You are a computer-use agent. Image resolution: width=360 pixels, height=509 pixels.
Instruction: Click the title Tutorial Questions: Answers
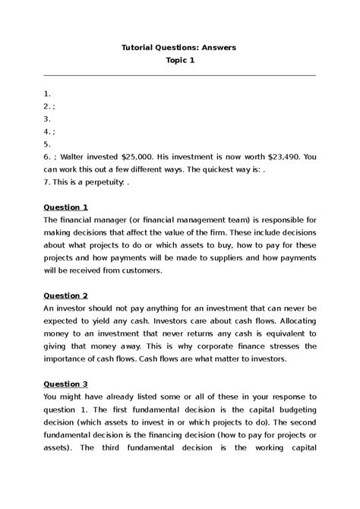[x=179, y=47]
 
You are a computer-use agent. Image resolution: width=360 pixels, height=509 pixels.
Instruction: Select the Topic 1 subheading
[x=180, y=61]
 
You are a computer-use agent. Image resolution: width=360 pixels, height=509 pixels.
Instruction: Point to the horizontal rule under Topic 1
[x=180, y=75]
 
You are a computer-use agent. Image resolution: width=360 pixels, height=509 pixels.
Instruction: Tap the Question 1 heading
[x=66, y=207]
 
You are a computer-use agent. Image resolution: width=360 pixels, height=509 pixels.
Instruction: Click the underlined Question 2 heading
[x=66, y=295]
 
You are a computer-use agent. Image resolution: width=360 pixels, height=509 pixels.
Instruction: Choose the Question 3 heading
[x=66, y=384]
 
